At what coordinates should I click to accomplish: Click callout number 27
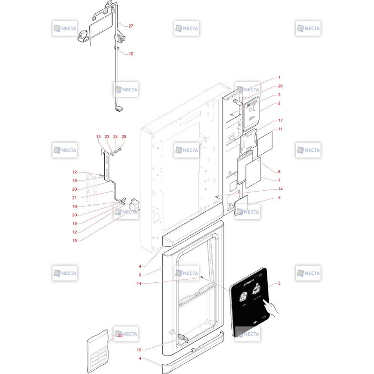click(131, 26)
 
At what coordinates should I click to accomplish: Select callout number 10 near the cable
click(131, 54)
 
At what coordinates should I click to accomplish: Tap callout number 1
click(279, 78)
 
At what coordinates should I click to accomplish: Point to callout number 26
click(280, 86)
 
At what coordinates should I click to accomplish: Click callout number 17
click(280, 120)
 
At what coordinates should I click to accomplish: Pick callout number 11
click(280, 129)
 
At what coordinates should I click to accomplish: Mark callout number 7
click(279, 180)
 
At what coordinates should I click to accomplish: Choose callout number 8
click(279, 198)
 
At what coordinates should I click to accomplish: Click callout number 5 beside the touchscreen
click(279, 283)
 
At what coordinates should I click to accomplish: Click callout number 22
click(120, 335)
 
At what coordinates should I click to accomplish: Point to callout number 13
click(98, 137)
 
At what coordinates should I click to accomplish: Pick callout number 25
click(124, 137)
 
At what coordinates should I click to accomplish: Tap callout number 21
click(74, 198)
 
